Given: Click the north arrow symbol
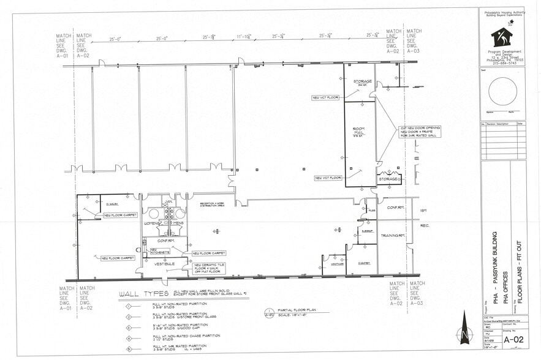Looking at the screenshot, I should tap(464, 336).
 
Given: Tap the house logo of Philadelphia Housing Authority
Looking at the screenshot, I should tap(501, 37).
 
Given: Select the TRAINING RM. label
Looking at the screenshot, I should tap(392, 236).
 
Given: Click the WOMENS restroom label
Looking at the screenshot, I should tap(152, 223).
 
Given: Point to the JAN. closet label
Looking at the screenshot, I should tap(166, 200).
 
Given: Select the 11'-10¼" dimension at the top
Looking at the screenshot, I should tap(243, 37).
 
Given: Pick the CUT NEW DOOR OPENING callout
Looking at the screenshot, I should tap(420, 132).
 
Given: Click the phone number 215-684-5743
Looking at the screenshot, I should tap(502, 63).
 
